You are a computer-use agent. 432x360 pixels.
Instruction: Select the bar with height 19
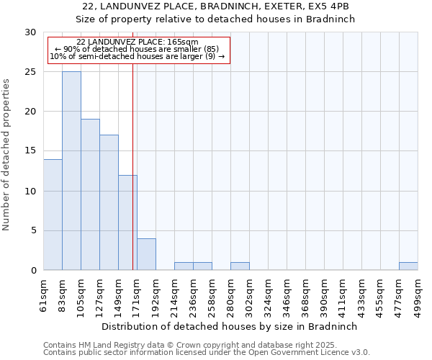tap(90, 194)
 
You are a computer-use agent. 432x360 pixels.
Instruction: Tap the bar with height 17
tap(109, 202)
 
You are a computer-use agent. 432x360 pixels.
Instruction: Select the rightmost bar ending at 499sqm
tap(408, 266)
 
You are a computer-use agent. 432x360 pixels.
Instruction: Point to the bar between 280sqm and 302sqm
tap(240, 266)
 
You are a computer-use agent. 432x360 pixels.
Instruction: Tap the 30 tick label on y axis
tap(30, 32)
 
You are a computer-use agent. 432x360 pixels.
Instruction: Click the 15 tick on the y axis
tap(30, 151)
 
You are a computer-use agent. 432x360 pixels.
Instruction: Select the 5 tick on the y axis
tap(33, 230)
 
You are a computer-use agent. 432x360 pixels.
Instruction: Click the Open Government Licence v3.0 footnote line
tap(207, 353)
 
